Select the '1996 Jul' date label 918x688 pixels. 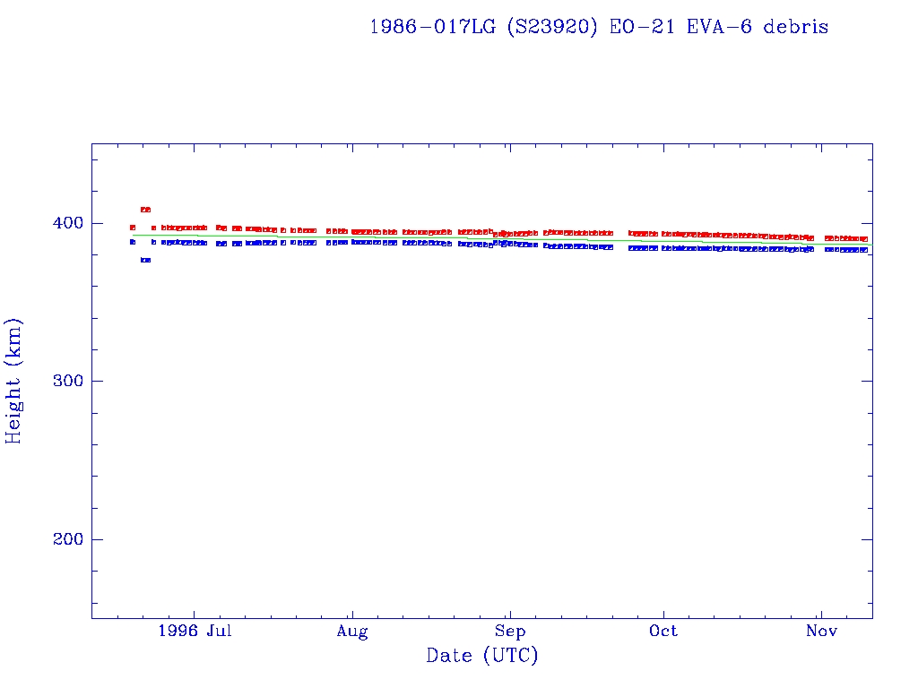coord(195,632)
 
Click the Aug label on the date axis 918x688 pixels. coord(352,632)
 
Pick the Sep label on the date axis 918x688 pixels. coord(509,632)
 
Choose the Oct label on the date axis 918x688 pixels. coord(663,632)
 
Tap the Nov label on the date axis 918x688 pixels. coord(821,632)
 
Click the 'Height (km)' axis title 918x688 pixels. coord(14,381)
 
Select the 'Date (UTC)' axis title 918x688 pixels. coord(482,657)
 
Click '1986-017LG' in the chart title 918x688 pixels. coord(431,27)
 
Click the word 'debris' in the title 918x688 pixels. coord(796,27)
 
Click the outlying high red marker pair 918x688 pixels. coord(145,210)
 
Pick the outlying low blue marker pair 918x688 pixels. coord(145,260)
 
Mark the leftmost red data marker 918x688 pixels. coord(133,228)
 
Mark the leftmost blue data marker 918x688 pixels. coord(133,242)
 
